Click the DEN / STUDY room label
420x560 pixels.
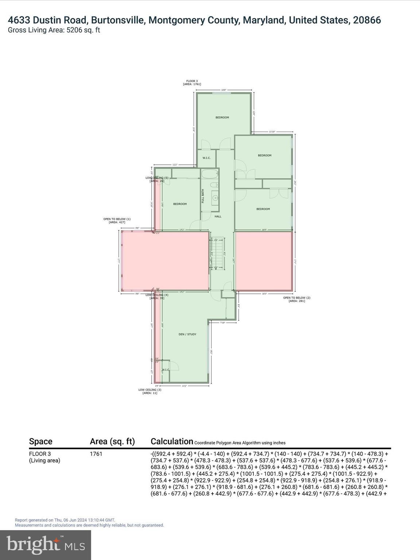click(x=187, y=334)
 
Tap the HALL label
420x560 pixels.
click(x=218, y=217)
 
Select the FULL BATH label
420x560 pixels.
click(x=203, y=196)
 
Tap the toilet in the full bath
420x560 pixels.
click(x=215, y=184)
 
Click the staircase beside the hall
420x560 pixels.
click(x=216, y=253)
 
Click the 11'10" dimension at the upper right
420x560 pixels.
click(x=272, y=132)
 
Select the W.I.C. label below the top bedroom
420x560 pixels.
click(x=206, y=158)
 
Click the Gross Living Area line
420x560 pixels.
click(x=54, y=30)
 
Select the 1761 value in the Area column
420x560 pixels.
click(x=96, y=454)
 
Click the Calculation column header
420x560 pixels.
click(x=172, y=442)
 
